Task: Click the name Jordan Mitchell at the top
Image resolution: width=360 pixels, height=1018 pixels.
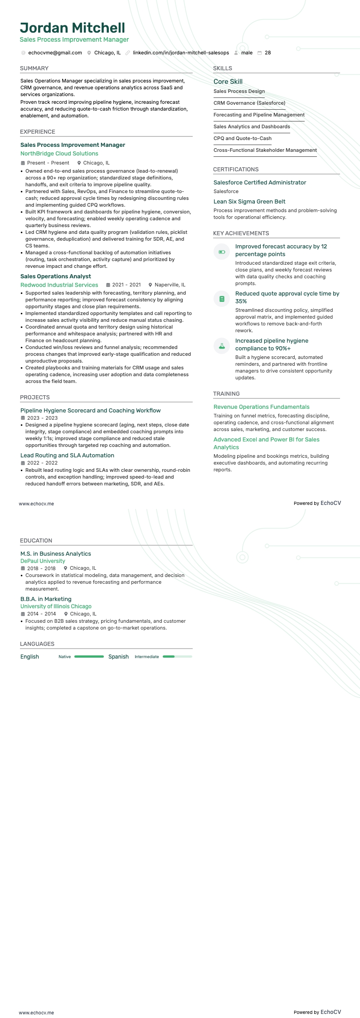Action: pos(73,28)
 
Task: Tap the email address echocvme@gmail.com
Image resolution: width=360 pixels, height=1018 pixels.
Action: pos(55,53)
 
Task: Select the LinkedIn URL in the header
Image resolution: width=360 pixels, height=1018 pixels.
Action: pos(181,53)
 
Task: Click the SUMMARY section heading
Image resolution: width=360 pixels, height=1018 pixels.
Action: pos(34,68)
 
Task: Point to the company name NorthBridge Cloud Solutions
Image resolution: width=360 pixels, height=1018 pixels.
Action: pos(59,154)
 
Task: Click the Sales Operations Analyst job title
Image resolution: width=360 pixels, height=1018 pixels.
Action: pos(56,276)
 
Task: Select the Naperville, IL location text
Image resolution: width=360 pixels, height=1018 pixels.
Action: pos(170,285)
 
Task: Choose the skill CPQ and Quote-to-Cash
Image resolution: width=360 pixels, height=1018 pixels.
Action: pos(243,139)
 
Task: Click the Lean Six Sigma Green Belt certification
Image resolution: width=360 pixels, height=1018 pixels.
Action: pos(249,202)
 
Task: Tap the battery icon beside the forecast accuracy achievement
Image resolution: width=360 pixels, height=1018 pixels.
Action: pos(222,252)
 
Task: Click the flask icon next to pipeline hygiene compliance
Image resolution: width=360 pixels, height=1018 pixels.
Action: pos(222,346)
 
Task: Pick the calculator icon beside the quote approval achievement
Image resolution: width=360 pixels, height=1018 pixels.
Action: pos(222,299)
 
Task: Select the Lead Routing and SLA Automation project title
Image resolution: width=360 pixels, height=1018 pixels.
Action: pos(67,456)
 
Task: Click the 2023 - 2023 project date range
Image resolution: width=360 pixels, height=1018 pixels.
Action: pos(42,418)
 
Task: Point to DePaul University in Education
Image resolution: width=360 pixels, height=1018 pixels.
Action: pos(43,561)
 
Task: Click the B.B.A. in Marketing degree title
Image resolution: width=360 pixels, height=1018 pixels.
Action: pos(46,599)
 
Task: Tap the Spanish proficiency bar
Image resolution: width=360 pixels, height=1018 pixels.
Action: pos(177,657)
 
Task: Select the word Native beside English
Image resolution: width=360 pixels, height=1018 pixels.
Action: pos(65,657)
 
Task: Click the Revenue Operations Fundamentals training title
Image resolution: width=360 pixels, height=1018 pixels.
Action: pos(262,407)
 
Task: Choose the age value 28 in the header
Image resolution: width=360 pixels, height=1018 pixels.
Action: pos(268,53)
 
